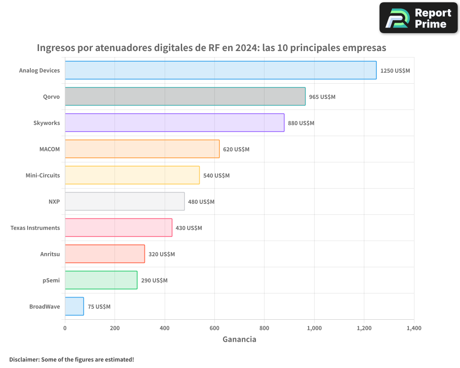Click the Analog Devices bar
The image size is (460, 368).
220,70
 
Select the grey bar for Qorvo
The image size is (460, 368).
185,97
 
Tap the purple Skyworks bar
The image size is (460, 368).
174,123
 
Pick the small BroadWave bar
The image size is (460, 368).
74,306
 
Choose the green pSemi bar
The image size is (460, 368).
101,280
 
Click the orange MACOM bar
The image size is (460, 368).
142,149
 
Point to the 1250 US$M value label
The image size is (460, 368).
395,71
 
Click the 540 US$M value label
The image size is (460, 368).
216,176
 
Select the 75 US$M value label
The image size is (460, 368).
99,307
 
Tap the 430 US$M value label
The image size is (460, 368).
189,228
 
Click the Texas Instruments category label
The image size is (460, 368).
35,228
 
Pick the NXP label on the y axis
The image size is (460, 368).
54,202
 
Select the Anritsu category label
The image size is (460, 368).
50,254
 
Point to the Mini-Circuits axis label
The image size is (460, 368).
42,176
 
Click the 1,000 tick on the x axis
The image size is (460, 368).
314,328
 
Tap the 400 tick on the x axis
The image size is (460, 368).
165,328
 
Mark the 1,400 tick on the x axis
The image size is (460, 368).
414,328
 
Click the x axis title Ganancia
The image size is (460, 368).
239,339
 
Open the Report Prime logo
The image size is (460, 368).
418,18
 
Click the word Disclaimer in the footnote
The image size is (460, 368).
23,359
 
